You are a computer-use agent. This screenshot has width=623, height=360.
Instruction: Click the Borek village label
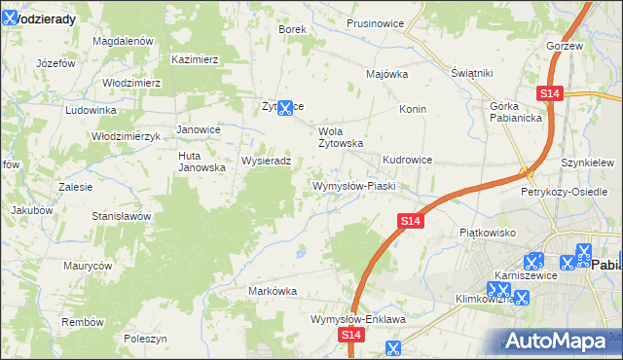tap(292, 29)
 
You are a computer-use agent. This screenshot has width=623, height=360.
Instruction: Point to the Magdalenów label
tap(124, 42)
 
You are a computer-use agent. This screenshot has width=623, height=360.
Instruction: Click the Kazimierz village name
tap(195, 59)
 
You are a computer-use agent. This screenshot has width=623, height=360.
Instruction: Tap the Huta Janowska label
tap(202, 161)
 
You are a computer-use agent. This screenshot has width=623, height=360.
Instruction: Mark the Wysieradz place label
tap(267, 161)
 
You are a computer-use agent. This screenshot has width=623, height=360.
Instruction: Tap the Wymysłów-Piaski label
tap(352, 185)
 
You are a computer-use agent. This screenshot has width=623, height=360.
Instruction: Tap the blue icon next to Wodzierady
tap(10, 17)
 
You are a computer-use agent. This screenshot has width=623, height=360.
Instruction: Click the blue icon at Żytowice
tap(285, 108)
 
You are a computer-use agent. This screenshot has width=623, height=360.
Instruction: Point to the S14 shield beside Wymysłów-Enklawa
tap(352, 334)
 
